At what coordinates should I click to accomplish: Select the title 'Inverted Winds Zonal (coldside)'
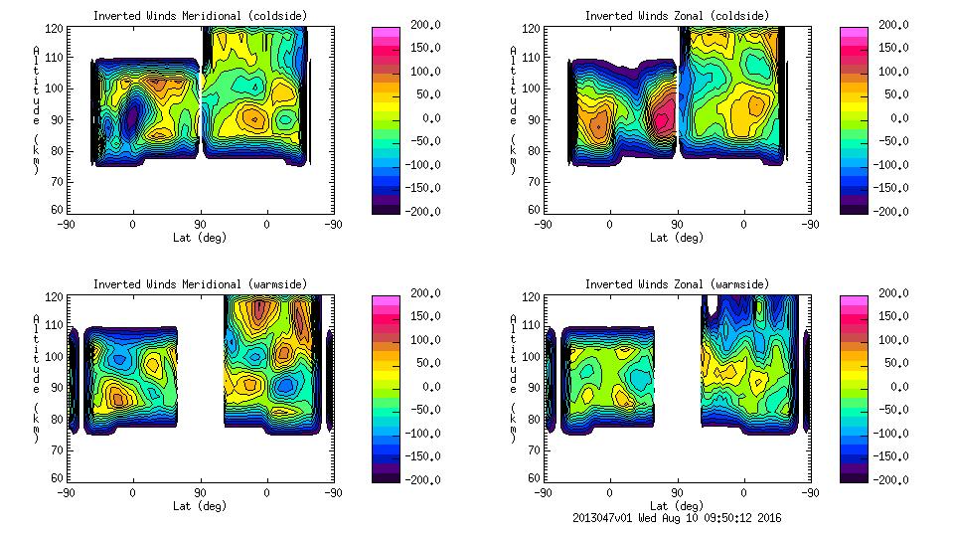click(676, 15)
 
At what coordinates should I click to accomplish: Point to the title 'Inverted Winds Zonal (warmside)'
click(676, 283)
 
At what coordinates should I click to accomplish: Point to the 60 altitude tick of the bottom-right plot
click(534, 478)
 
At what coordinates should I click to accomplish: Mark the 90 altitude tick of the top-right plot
click(534, 118)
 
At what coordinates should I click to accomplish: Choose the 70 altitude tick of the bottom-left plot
click(57, 448)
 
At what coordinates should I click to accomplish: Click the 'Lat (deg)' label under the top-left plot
click(200, 237)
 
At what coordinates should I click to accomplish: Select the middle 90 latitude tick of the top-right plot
click(677, 225)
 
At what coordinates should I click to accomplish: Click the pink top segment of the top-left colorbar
click(385, 34)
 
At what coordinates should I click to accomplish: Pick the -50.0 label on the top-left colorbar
click(423, 141)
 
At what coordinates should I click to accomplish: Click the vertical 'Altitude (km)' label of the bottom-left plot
click(37, 378)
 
